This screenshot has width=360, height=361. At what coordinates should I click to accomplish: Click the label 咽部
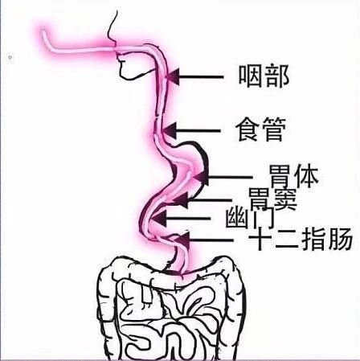pyautogui.click(x=264, y=76)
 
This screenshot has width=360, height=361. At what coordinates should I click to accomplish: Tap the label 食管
pyautogui.click(x=260, y=129)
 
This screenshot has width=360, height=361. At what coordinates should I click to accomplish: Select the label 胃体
pyautogui.click(x=294, y=176)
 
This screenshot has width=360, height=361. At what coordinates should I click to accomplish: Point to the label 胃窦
pyautogui.click(x=272, y=199)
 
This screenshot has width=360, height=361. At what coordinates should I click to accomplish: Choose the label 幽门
pyautogui.click(x=250, y=218)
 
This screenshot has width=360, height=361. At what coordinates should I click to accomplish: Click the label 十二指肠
pyautogui.click(x=301, y=239)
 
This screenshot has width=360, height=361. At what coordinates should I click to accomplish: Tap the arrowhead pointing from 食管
pyautogui.click(x=170, y=131)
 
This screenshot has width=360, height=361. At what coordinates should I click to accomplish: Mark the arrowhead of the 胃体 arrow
pyautogui.click(x=202, y=177)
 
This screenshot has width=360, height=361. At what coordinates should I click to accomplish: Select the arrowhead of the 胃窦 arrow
pyautogui.click(x=181, y=200)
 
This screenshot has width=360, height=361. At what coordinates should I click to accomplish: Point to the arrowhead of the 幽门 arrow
pyautogui.click(x=159, y=218)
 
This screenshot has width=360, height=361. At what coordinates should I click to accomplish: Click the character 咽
pyautogui.click(x=251, y=76)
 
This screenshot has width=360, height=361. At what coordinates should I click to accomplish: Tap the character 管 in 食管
pyautogui.click(x=273, y=129)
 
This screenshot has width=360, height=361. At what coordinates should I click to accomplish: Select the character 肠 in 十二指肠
pyautogui.click(x=340, y=239)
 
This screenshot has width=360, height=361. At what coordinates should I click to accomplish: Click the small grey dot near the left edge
pyautogui.click(x=10, y=57)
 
